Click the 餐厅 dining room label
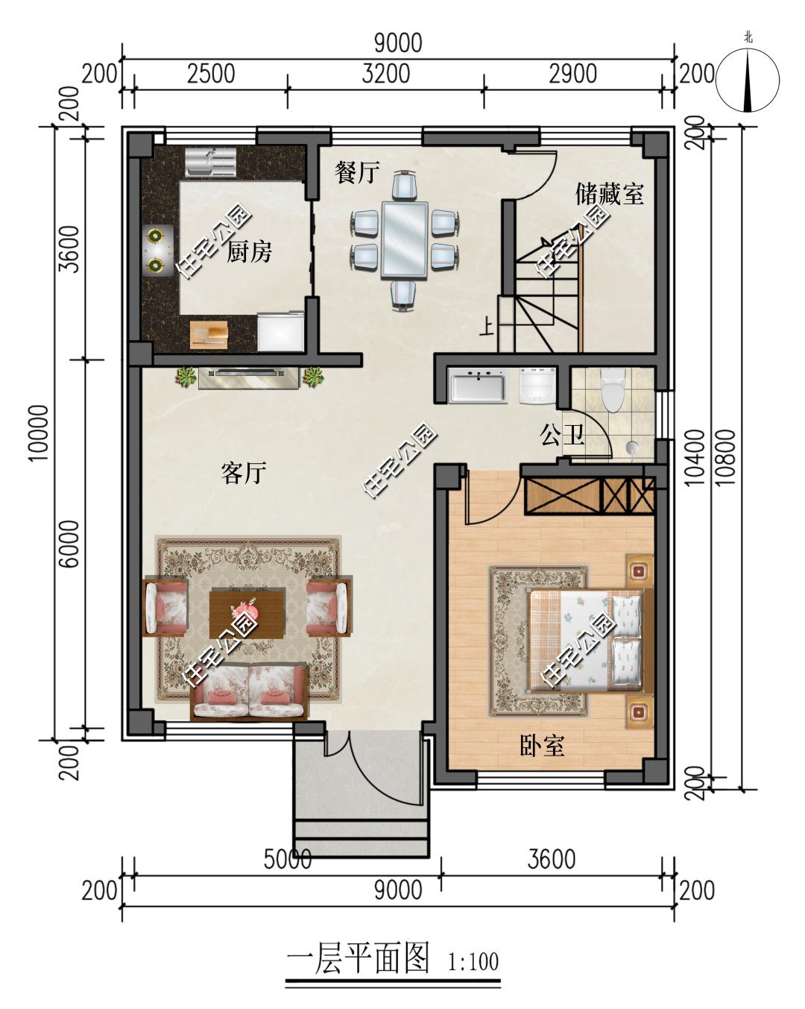click(x=357, y=172)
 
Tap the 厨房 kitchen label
click(x=249, y=252)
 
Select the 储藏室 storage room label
click(x=609, y=194)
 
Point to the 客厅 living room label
click(x=244, y=473)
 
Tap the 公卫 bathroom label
click(x=562, y=435)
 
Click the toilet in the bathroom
click(x=613, y=390)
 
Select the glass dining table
click(x=405, y=241)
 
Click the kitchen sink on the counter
click(x=210, y=163)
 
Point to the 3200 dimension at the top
click(x=385, y=74)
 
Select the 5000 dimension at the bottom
click(x=288, y=859)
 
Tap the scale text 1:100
click(x=473, y=959)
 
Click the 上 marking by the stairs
click(x=487, y=327)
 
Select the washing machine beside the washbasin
click(x=537, y=386)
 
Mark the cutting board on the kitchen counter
click(x=209, y=334)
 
